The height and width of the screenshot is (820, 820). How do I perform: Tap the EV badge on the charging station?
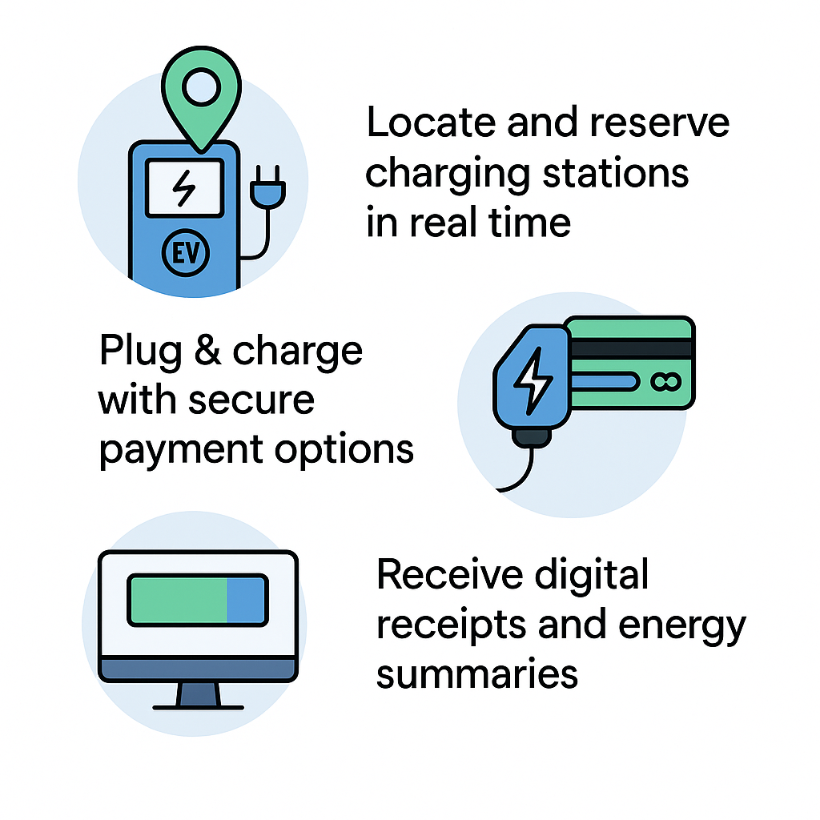(186, 252)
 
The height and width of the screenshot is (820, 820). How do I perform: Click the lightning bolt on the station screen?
(184, 187)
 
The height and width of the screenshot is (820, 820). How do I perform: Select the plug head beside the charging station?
(267, 189)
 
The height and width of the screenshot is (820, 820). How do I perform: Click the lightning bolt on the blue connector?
(533, 380)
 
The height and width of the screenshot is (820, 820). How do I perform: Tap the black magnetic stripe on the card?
(631, 348)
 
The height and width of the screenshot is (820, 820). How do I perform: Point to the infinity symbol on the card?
(665, 382)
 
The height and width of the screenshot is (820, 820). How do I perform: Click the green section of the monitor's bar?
(179, 600)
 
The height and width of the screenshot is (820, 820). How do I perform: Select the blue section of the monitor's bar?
(246, 600)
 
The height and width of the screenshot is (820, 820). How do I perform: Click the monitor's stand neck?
(199, 694)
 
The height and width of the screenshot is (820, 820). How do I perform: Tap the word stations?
(616, 173)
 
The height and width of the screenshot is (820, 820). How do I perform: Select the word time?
(529, 223)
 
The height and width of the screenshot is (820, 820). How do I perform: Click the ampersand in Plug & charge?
(207, 350)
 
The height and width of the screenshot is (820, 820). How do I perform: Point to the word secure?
(251, 400)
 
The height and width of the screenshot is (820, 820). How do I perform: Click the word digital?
(592, 575)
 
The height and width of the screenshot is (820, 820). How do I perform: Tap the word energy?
(682, 626)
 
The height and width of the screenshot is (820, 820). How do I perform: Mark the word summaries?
(477, 674)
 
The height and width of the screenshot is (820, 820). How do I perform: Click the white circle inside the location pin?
(201, 86)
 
